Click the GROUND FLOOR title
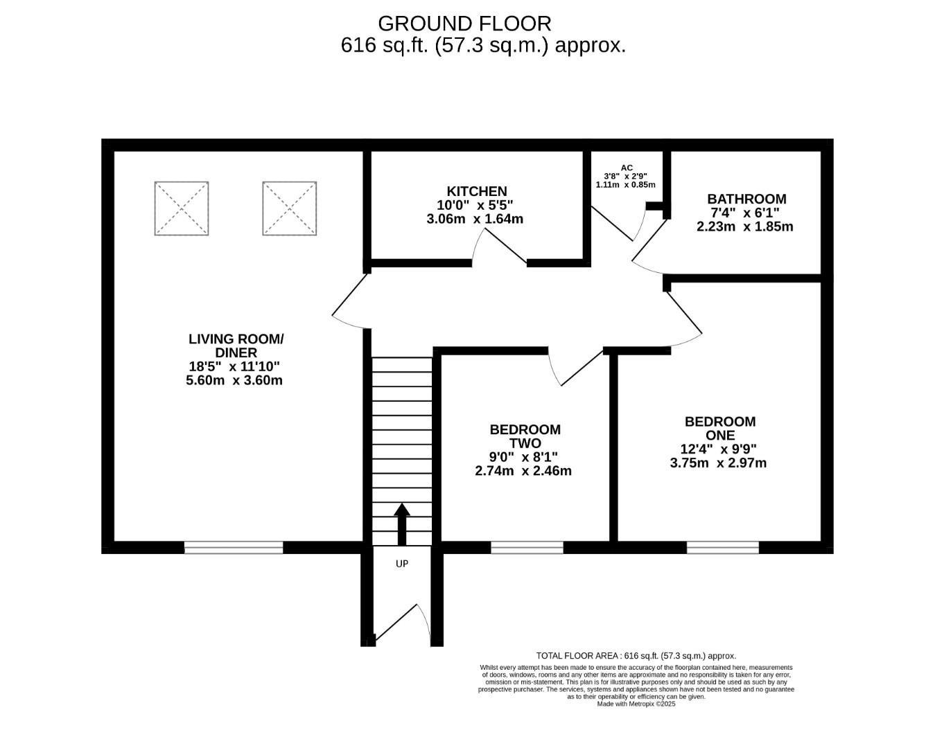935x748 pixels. coord(464,24)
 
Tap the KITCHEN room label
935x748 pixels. coord(476,191)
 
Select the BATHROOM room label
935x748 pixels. coord(746,199)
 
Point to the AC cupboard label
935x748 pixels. coord(627,168)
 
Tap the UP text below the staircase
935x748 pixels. coord(402,564)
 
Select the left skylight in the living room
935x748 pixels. coord(182,208)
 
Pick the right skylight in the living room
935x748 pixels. coord(290,208)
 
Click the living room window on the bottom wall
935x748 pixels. coord(234,548)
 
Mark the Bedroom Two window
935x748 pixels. coord(527,548)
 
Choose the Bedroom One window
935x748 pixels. coord(723,548)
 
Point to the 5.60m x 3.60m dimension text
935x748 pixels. coord(234,380)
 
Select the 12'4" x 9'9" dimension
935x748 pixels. coord(718,449)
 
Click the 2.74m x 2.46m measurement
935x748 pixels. coord(523,471)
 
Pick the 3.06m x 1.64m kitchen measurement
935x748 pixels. coord(475,219)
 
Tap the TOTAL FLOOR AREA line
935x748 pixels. coord(636,655)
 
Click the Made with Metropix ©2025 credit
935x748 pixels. coord(636,704)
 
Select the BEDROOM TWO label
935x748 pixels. coord(525,436)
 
